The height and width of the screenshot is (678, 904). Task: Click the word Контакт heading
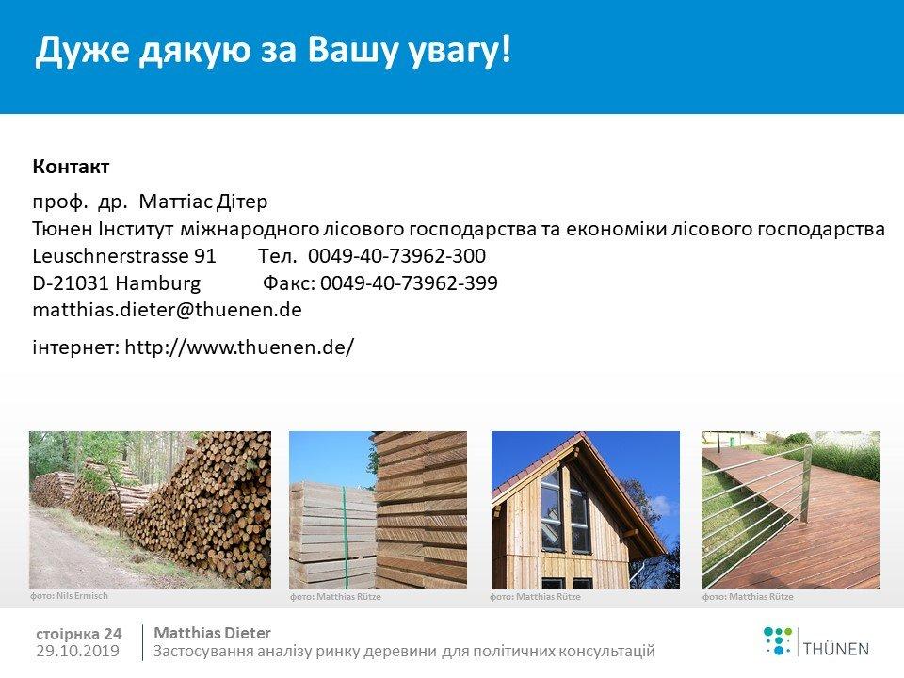pos(71,167)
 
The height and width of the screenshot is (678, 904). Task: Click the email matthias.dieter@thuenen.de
pos(168,310)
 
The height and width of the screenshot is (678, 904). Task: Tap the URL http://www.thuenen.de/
pos(239,347)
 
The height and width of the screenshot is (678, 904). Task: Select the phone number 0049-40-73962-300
pos(396,255)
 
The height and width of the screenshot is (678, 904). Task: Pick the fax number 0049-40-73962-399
pos(409,282)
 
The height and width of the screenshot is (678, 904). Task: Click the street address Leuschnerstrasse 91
pos(124,255)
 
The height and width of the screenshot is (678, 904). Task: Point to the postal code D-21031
pos(71,282)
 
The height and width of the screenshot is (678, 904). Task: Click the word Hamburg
pos(158,283)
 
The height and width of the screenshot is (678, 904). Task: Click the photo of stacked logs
pos(150,509)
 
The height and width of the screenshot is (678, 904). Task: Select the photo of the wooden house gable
pos(585,509)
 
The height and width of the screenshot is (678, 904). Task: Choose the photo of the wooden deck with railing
pos(790,509)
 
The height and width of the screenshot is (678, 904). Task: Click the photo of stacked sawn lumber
pos(378,509)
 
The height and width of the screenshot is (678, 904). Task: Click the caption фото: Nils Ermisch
pos(69,595)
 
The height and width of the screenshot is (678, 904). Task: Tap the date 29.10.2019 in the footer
pos(78,651)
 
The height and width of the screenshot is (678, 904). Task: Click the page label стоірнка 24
pos(79,634)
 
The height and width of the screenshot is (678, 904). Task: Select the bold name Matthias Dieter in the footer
pos(212,633)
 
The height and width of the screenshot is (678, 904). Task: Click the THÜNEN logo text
pos(836,649)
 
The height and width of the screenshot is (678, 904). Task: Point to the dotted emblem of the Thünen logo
pos(778,641)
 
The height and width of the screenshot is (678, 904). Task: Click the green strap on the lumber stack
pos(346,536)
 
